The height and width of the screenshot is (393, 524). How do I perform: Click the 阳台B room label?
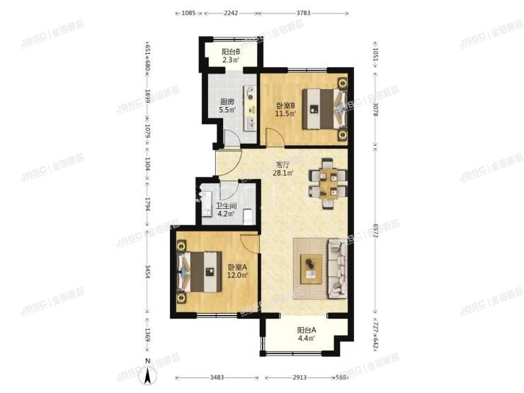tap(230, 52)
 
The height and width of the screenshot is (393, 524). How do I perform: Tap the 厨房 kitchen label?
tap(227, 101)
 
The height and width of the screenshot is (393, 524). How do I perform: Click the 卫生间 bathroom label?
tap(226, 207)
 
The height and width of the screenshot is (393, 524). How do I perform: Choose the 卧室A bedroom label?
tap(237, 267)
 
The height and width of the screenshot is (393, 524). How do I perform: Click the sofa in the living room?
tap(337, 268)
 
